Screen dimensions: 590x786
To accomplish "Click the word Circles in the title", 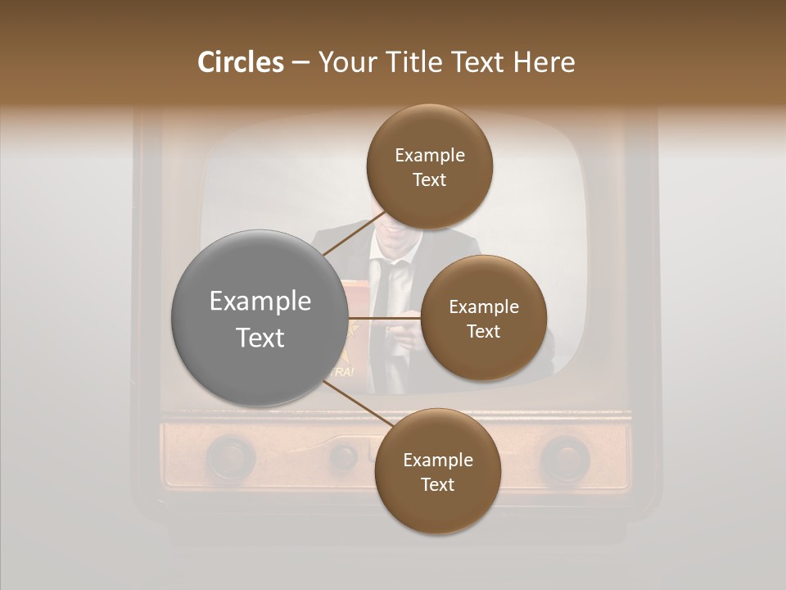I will [240, 62].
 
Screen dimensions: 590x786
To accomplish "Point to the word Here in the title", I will [544, 62].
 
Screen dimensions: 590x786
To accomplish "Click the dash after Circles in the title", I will [300, 63].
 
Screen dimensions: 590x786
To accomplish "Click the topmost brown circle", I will [429, 166].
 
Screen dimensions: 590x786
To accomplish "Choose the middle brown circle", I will [483, 318].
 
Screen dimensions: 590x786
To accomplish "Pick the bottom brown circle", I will [437, 471].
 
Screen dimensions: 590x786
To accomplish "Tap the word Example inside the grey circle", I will [260, 301].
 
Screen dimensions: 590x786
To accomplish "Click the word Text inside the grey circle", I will [260, 337].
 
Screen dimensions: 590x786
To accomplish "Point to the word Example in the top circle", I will [429, 155].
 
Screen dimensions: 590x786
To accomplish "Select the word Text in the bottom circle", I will [437, 484].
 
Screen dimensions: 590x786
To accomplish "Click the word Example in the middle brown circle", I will [483, 306].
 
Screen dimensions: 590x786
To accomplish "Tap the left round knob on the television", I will [232, 456].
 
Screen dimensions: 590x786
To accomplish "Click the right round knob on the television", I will [564, 458].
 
